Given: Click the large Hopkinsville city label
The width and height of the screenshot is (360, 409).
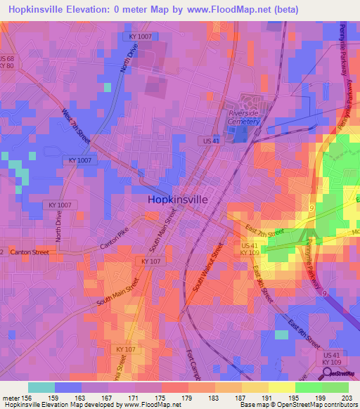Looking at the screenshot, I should (x=178, y=200).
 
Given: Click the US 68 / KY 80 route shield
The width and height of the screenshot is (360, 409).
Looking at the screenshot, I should (x=7, y=62).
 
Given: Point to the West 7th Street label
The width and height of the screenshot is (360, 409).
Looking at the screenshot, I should (x=76, y=127).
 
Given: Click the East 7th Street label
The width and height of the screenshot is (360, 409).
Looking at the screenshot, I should (x=264, y=233).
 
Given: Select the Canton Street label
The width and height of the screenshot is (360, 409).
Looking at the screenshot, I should (x=30, y=252).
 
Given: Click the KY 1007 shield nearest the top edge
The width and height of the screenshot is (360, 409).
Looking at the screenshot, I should (x=141, y=36).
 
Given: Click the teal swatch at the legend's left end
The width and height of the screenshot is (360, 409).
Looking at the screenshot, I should (x=41, y=387).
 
